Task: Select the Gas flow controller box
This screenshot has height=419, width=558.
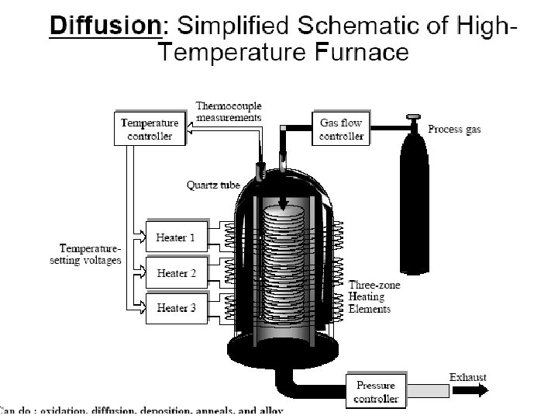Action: (x=341, y=129)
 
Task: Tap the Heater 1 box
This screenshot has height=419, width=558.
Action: (x=176, y=237)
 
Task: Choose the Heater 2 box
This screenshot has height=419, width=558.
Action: (x=176, y=273)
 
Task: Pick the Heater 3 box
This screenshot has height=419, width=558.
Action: (x=176, y=308)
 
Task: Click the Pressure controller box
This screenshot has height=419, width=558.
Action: (x=376, y=392)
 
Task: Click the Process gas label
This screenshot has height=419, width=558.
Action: (x=454, y=130)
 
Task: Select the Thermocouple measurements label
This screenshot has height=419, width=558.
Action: (x=228, y=112)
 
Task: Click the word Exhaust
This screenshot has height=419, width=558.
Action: (x=468, y=378)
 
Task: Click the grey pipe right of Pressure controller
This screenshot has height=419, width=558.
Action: (x=425, y=391)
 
